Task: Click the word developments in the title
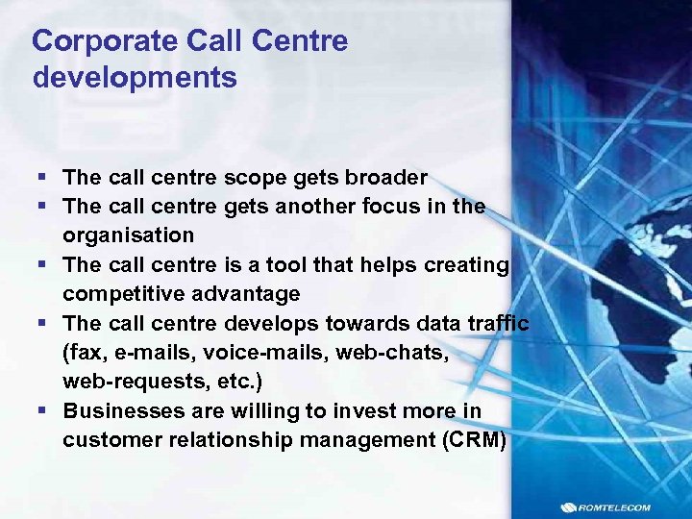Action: point(135,78)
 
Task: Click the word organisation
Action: point(129,235)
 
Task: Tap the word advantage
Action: point(245,293)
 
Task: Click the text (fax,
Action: point(85,352)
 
